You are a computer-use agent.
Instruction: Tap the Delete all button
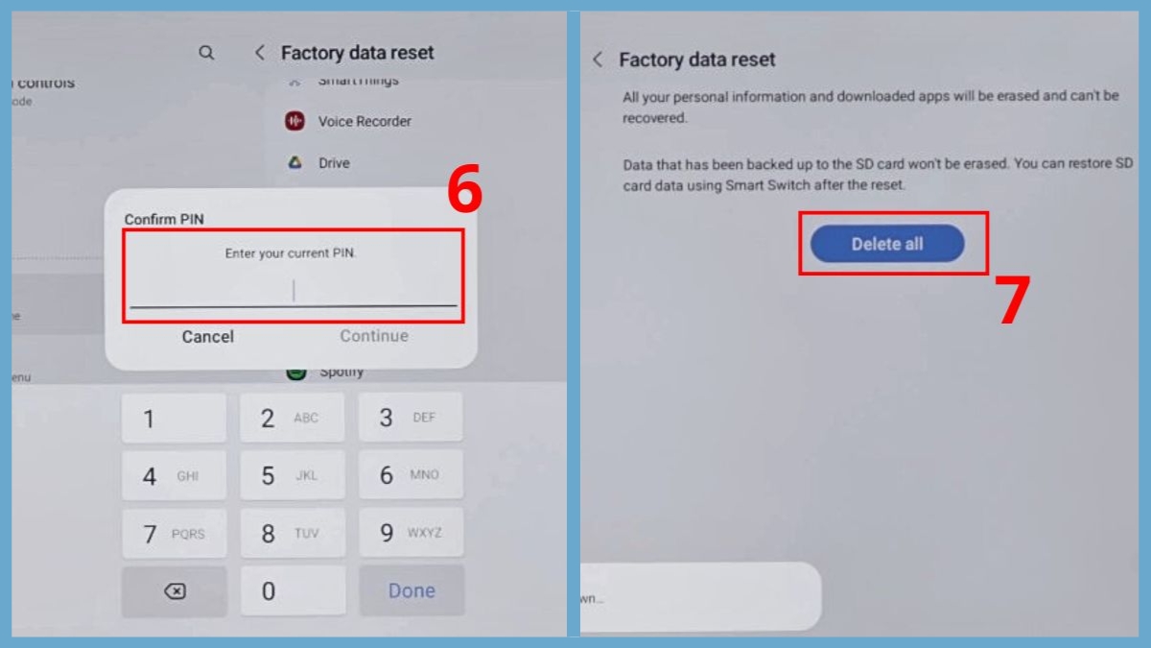(x=887, y=244)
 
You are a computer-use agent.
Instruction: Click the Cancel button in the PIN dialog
(x=208, y=336)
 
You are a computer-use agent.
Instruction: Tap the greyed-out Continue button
(x=374, y=336)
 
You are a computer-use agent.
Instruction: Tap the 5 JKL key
(x=292, y=475)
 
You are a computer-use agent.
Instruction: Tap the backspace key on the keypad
(x=175, y=591)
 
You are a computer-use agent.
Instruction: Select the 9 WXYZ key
(x=411, y=533)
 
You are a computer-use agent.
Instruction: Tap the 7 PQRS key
(x=175, y=534)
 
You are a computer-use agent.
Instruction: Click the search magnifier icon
(x=206, y=53)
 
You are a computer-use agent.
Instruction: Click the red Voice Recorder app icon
(x=294, y=121)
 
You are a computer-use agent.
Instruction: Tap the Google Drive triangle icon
(x=294, y=163)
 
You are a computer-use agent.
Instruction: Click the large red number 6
(x=464, y=193)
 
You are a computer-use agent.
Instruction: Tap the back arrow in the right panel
(x=598, y=60)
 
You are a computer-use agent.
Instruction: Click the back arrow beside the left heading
(x=259, y=53)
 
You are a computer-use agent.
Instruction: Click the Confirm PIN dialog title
(x=164, y=219)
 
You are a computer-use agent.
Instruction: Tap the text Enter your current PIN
(x=291, y=253)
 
